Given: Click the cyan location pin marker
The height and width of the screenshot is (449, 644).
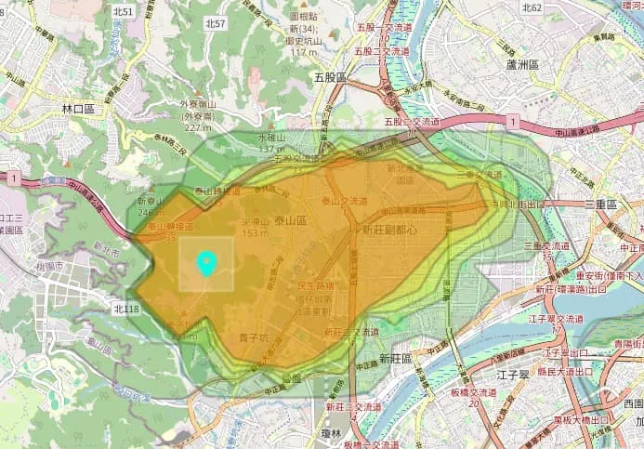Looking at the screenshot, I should click(x=207, y=264).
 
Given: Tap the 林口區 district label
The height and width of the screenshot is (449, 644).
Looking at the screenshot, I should click(x=79, y=109).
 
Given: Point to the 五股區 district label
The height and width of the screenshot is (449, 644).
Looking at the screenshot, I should click(x=329, y=77).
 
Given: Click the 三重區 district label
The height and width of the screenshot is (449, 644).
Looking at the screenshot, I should click(x=602, y=203).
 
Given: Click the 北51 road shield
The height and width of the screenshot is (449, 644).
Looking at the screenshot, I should click(x=122, y=11).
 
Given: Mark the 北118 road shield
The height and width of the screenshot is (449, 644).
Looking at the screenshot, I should click(x=125, y=308).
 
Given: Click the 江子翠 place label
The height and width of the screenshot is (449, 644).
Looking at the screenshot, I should click(x=513, y=375).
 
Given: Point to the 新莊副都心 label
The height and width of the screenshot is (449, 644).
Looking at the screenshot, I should click(x=390, y=229).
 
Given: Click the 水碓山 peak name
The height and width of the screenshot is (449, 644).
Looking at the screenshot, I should click(x=271, y=137).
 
